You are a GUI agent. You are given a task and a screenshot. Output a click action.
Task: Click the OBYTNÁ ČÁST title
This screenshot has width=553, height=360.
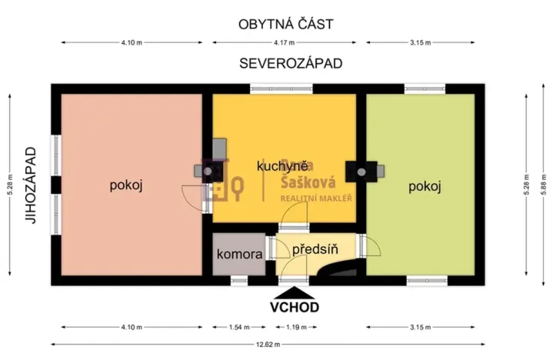coord(285,24)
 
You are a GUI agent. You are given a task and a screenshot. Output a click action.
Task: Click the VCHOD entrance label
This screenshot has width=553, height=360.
coord(294,306)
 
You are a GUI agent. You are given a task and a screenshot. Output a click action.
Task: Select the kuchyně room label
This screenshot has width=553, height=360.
coord(282,165)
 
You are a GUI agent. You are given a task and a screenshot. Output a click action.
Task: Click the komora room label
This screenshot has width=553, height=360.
coord(240,253)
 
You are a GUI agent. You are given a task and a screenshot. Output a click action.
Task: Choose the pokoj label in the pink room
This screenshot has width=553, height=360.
coord(127,185)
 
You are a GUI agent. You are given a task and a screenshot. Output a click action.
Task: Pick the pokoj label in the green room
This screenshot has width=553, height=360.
coord(425,186)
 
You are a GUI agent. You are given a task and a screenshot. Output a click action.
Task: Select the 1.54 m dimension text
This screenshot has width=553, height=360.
coord(240,328)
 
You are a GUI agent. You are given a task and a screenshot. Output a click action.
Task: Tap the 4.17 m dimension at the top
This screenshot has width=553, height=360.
coord(285,42)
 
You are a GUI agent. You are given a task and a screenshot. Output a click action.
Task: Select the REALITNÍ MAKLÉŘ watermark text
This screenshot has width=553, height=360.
coord(315,198)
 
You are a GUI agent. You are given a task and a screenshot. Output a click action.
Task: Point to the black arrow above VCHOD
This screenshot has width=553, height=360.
coord(294,291)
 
